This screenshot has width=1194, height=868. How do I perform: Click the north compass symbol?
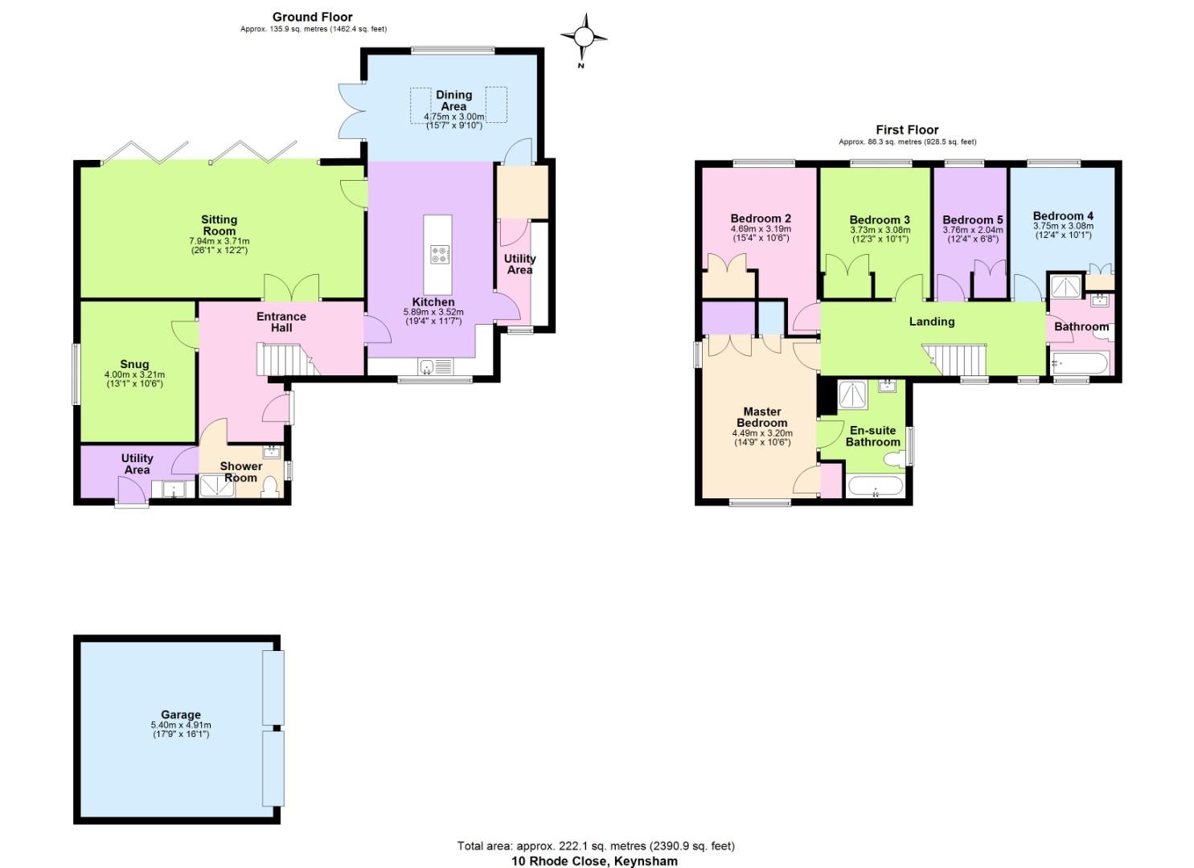click(x=584, y=37)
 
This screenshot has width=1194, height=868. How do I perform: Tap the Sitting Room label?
click(x=219, y=225)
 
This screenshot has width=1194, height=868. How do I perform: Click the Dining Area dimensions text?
click(x=453, y=121)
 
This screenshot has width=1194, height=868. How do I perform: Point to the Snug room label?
click(x=134, y=364)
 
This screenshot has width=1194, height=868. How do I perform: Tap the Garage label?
click(x=181, y=714)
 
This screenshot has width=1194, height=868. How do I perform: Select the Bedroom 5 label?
click(x=972, y=219)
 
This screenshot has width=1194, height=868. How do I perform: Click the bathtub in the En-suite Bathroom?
click(x=875, y=487)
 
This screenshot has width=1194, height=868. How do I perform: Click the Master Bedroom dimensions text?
click(x=761, y=438)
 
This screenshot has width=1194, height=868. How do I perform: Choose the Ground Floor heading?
click(x=312, y=17)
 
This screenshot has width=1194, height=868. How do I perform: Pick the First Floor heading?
click(x=907, y=129)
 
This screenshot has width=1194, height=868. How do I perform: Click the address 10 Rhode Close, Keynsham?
click(x=594, y=861)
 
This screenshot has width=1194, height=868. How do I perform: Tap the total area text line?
click(x=596, y=845)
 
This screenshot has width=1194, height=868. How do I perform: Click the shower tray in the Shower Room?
click(x=214, y=486)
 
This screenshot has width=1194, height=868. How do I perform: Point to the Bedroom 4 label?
click(x=1063, y=215)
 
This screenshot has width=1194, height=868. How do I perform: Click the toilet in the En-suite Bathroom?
click(x=891, y=460)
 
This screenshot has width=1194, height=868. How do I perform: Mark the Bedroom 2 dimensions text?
click(x=760, y=233)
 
